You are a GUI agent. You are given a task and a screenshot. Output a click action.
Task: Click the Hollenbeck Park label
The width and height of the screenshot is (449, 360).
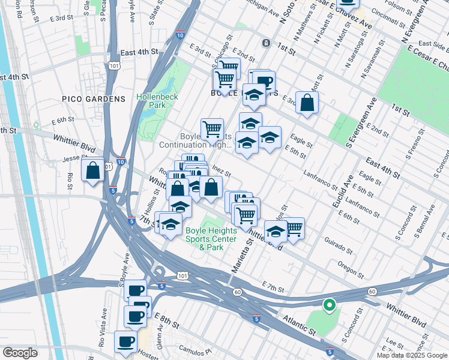point(158,100)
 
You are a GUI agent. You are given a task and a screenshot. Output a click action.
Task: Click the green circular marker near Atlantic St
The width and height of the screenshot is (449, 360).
point(329,305)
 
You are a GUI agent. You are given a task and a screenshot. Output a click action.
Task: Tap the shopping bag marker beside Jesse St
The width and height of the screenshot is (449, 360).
point(94,170)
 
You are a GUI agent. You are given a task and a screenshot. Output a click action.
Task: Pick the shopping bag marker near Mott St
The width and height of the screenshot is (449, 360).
point(307,103)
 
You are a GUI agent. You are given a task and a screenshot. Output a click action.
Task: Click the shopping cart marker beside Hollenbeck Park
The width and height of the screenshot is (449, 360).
point(212,129)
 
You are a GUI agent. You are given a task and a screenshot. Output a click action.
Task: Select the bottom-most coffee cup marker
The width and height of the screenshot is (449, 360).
point(125,342)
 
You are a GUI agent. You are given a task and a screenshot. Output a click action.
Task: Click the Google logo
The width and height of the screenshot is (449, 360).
point(20,353)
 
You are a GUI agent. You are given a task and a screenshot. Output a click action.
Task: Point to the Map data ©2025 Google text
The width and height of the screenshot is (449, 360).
point(412,355)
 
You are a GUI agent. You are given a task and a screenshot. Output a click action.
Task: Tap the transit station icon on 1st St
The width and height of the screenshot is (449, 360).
point(266,43)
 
